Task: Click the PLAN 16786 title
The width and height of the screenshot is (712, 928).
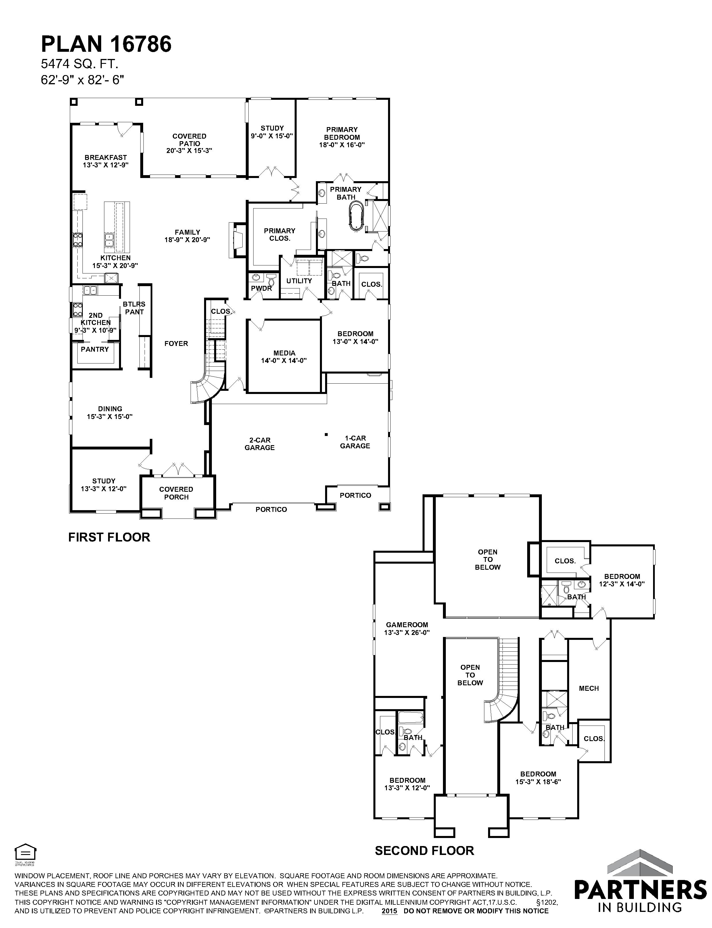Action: tap(106, 44)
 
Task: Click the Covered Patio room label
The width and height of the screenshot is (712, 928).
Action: tap(189, 140)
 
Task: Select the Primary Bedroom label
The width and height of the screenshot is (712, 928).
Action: tap(342, 133)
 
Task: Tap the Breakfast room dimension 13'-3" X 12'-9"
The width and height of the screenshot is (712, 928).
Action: tap(105, 165)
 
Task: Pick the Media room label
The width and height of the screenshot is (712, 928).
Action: tap(284, 353)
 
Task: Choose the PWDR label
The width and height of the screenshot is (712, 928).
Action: tap(262, 288)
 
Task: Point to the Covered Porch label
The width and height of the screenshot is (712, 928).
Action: tap(176, 493)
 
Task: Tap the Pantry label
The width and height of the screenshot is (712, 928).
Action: tap(95, 349)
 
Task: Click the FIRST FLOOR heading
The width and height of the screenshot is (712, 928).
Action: tap(109, 537)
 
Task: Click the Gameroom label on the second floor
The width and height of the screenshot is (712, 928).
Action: tap(407, 624)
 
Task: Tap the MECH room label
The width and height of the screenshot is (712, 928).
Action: tap(589, 688)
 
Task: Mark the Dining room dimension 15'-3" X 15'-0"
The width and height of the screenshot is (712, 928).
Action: tap(110, 417)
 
